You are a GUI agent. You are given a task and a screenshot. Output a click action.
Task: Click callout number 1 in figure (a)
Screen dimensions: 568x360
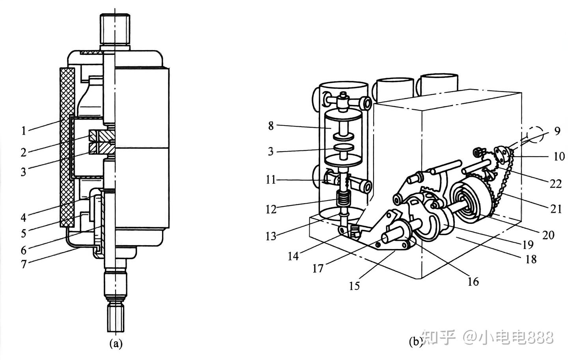(24, 131)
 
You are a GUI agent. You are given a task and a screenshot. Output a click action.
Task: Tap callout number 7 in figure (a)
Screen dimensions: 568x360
(24, 264)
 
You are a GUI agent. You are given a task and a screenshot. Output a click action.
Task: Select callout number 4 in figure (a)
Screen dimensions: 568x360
(24, 217)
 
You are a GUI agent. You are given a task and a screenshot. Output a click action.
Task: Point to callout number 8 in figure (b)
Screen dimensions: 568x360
(271, 126)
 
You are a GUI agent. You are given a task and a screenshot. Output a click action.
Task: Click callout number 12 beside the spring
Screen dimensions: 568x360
(271, 210)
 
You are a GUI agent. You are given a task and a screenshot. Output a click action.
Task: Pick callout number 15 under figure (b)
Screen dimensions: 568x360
(355, 286)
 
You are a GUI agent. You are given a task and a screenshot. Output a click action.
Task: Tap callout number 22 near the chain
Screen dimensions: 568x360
(555, 184)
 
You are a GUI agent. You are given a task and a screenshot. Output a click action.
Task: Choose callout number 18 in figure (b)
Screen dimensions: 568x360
(531, 259)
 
